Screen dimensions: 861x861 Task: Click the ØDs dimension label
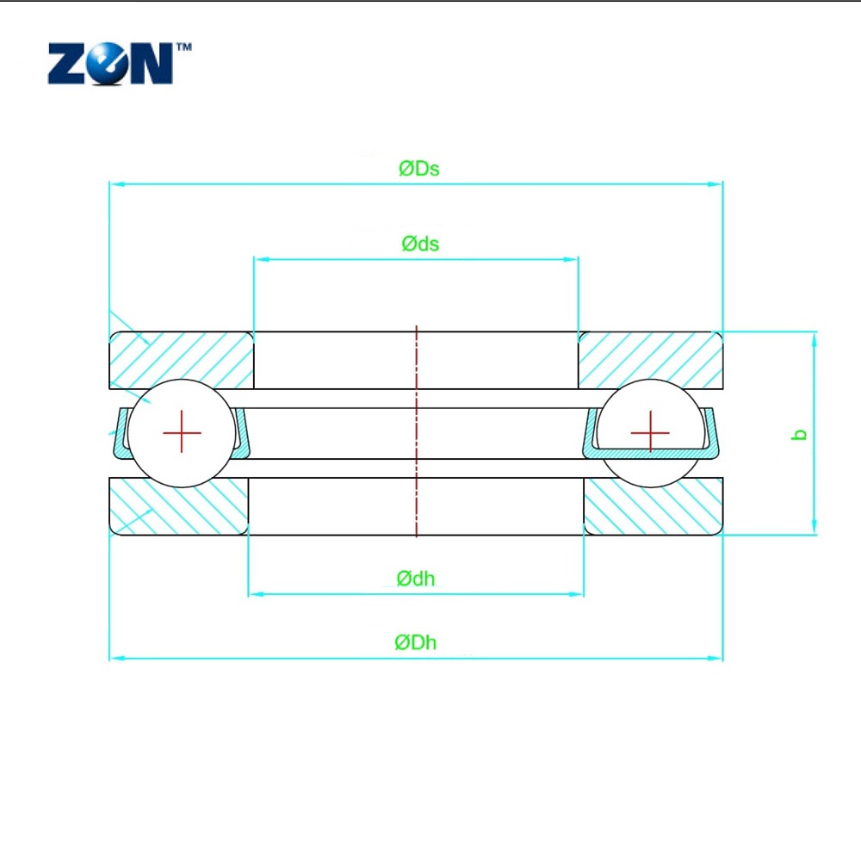coord(419,169)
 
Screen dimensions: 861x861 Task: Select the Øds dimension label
coord(420,244)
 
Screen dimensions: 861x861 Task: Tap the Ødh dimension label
coord(416,579)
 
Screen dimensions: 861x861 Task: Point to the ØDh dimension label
coord(416,642)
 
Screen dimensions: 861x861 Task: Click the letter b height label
coord(800,434)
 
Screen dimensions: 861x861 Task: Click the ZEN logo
coord(111,64)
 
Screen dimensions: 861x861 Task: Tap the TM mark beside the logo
coord(184,46)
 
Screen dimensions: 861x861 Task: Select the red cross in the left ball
coord(182,433)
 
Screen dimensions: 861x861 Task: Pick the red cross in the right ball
coord(650,433)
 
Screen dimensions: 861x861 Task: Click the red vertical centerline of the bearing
coord(416,431)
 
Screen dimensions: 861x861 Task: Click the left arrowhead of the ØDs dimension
coord(116,184)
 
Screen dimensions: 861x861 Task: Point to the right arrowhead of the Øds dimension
coord(571,259)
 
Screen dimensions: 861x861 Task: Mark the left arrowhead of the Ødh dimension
coord(256,594)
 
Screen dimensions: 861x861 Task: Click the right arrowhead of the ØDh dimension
coord(715,658)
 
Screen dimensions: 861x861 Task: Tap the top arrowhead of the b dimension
coord(815,338)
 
